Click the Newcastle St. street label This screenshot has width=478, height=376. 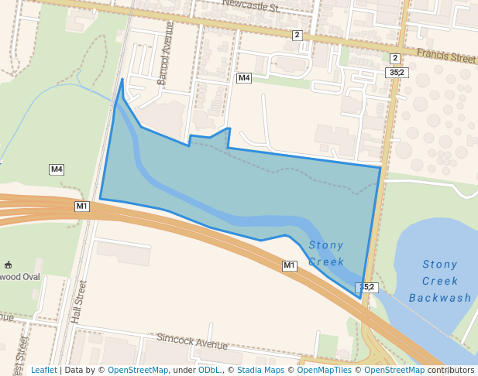(x=250, y=6)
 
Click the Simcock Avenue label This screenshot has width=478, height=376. (x=192, y=341)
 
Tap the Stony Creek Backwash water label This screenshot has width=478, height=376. (x=440, y=281)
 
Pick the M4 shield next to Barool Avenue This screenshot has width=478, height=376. (x=244, y=78)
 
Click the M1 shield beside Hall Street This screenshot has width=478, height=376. (x=82, y=207)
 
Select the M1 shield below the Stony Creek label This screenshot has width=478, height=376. (x=289, y=265)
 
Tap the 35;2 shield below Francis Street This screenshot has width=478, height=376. (x=396, y=72)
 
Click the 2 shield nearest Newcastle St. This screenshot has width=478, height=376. (x=297, y=35)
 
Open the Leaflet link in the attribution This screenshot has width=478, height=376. (x=43, y=370)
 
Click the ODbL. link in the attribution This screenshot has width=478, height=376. (x=209, y=370)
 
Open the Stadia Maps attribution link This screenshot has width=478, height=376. (x=260, y=370)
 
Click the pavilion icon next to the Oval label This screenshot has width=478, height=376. (x=8, y=265)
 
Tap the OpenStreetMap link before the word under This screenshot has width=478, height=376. (x=138, y=370)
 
